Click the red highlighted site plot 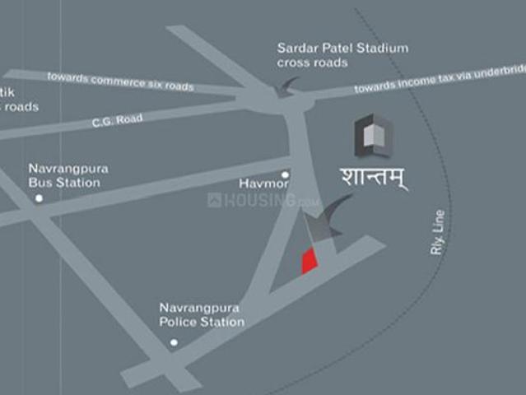[x=309, y=260]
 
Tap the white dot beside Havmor [x=285, y=174]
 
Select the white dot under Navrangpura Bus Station [x=39, y=199]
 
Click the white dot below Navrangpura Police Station [x=173, y=342]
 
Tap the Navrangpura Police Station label [x=202, y=314]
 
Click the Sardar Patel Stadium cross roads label [x=342, y=55]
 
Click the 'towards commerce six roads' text [x=120, y=81]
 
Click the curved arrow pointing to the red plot [x=333, y=216]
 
